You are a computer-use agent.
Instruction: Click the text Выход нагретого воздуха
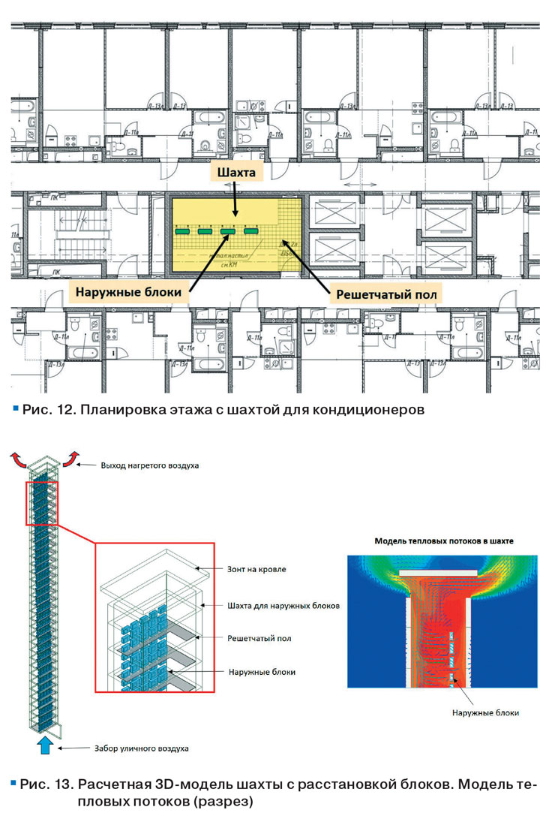(x=149, y=465)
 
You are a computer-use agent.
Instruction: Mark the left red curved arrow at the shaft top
(x=19, y=457)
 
